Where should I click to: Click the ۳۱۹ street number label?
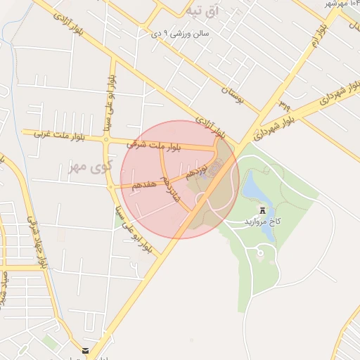[x=284, y=105]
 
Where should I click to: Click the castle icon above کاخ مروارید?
[x=263, y=210]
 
